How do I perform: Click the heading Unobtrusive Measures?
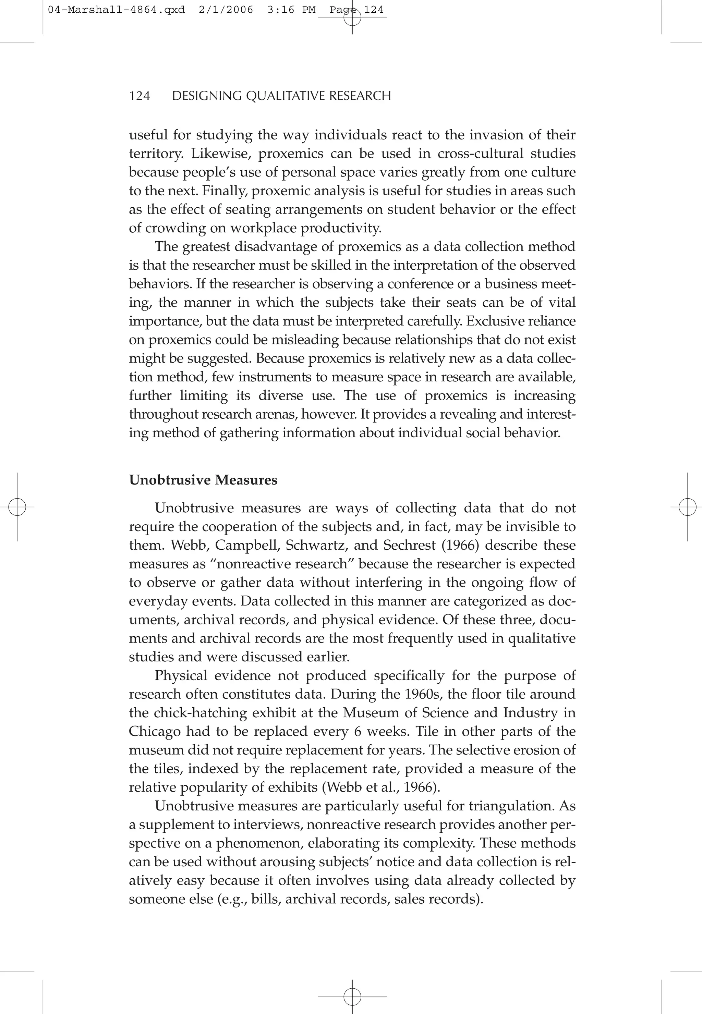pos(203,480)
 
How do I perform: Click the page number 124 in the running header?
pos(140,96)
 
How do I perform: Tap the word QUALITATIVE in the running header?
pos(286,96)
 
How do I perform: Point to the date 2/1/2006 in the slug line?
pos(226,10)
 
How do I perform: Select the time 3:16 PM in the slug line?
pos(291,10)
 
